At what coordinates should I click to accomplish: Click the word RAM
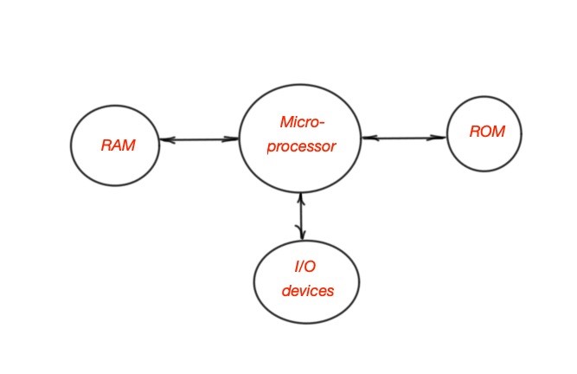[118, 145]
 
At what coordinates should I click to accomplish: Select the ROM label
[484, 132]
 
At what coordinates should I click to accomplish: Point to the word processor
[300, 146]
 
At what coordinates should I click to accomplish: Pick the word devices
[307, 291]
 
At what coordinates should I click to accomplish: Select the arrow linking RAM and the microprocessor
[199, 139]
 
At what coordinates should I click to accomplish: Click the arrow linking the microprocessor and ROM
[404, 138]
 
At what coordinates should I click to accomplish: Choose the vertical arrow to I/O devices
[300, 216]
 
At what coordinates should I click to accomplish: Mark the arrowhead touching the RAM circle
[165, 139]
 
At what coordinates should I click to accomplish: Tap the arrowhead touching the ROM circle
[441, 138]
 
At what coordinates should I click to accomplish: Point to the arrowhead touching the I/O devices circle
[301, 235]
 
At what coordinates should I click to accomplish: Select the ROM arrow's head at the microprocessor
[367, 138]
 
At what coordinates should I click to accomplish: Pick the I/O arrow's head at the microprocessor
[300, 197]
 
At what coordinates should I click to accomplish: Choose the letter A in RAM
[118, 145]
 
